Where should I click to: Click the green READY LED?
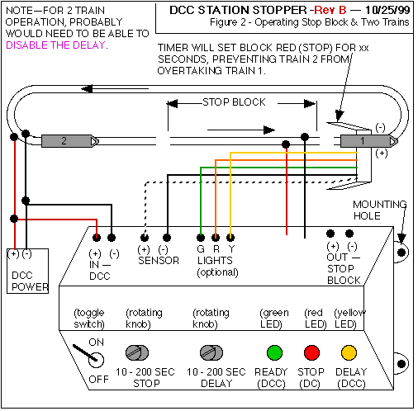274,352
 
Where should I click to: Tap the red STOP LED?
311,352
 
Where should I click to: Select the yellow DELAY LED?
349,352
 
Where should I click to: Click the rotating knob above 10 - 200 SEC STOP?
137,352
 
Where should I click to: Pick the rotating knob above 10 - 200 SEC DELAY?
211,352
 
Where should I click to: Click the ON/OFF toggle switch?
89,355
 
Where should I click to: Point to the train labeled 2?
70,141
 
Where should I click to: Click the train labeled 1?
369,141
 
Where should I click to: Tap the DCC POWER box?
27,271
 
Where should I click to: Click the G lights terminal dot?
201,238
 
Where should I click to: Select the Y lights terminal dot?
230,238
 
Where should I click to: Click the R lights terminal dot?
216,238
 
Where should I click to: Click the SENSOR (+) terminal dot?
145,238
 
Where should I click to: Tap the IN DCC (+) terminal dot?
97,238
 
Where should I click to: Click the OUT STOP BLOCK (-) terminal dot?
349,234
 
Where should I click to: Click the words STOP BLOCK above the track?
234,102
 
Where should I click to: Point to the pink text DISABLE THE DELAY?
55,45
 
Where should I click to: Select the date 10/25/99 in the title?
387,10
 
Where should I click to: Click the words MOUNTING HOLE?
380,210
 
